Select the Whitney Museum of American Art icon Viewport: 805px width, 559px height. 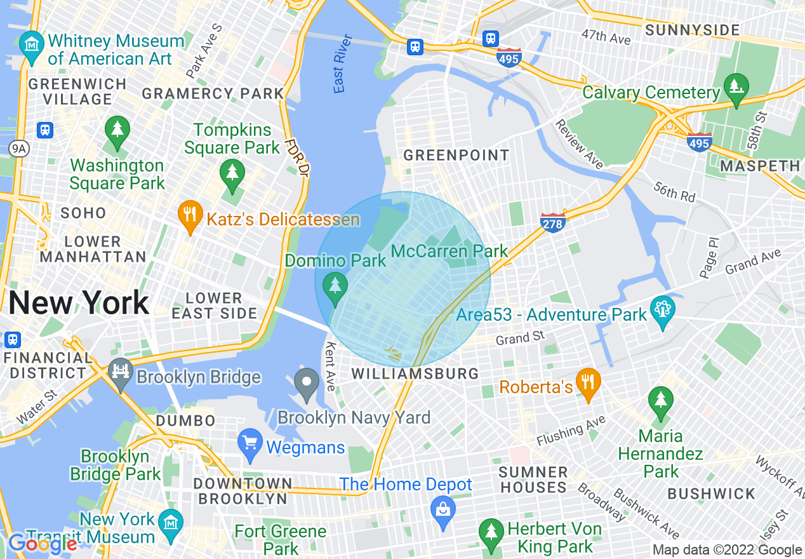[31, 45]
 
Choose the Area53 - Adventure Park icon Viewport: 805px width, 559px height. [662, 311]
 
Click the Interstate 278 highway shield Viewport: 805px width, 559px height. [553, 222]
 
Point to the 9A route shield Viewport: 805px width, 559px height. [18, 149]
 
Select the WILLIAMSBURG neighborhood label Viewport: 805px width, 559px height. [415, 374]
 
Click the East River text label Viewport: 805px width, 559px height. [340, 71]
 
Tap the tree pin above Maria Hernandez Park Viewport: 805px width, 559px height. [660, 401]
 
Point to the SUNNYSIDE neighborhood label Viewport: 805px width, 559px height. [693, 30]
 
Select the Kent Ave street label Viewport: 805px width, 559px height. [330, 367]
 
